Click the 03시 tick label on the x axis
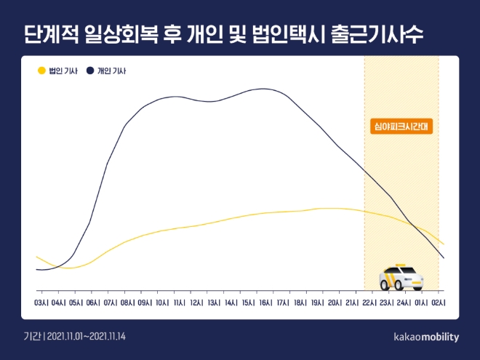[x=41, y=302]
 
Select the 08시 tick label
[x=128, y=302]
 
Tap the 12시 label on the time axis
[x=196, y=302]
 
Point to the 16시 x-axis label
[x=265, y=302]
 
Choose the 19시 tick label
[x=317, y=302]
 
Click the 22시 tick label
[x=369, y=302]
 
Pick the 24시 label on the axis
[x=404, y=302]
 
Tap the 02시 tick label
[x=438, y=302]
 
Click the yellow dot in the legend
[x=41, y=71]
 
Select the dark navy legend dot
[x=90, y=71]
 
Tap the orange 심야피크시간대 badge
[x=401, y=125]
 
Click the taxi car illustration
[x=401, y=277]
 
